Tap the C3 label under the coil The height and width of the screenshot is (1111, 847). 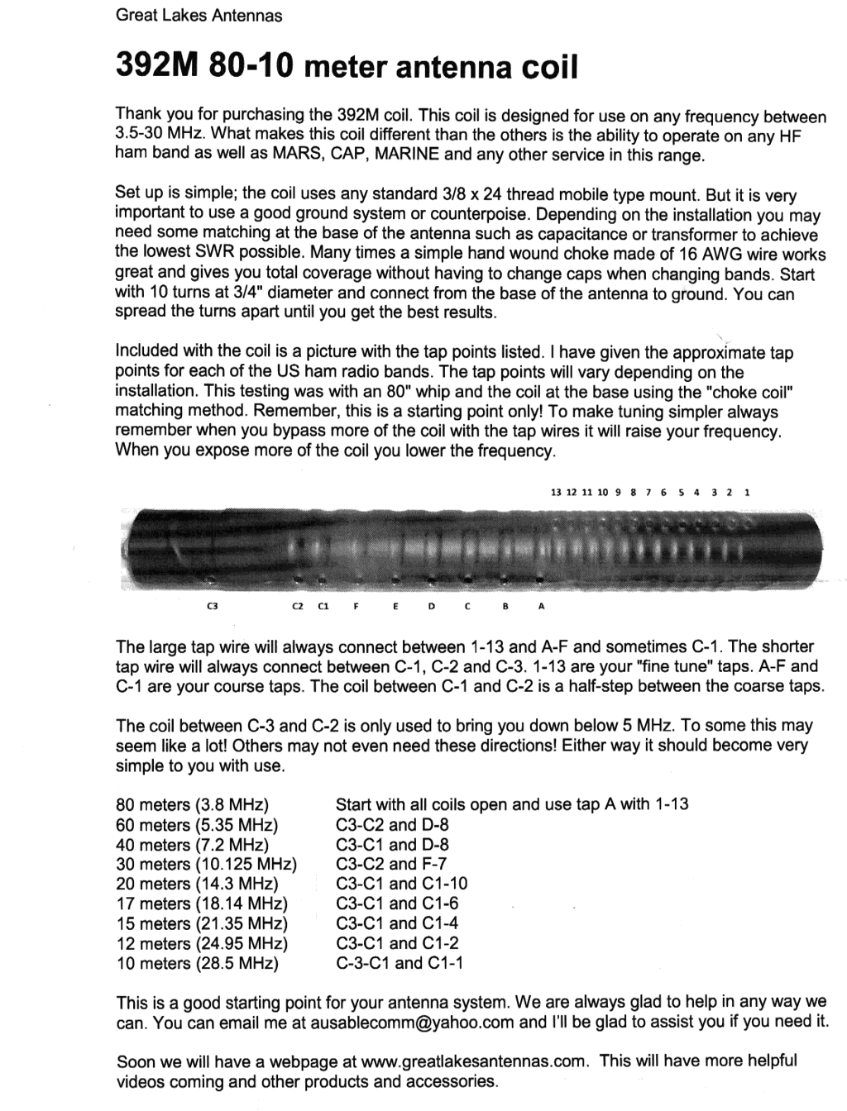(x=211, y=607)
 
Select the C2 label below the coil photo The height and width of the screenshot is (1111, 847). (x=298, y=607)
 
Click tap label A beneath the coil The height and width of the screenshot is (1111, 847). (x=541, y=607)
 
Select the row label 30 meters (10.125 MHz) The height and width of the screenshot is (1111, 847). (x=207, y=864)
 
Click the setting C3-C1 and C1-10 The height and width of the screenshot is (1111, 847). (x=401, y=884)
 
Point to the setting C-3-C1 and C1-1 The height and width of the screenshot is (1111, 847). (x=400, y=963)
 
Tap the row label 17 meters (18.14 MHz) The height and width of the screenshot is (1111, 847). (x=203, y=904)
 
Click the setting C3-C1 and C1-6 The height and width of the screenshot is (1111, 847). (x=397, y=904)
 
